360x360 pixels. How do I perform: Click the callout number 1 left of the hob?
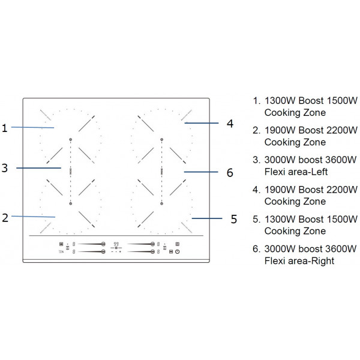pyautogui.click(x=4, y=127)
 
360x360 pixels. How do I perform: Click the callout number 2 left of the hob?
pyautogui.click(x=5, y=218)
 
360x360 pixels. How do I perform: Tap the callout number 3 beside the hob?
pyautogui.click(x=5, y=169)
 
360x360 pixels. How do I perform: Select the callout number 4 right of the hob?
pyautogui.click(x=230, y=124)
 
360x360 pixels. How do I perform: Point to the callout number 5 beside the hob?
pyautogui.click(x=234, y=219)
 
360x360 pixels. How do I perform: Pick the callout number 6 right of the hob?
pyautogui.click(x=229, y=173)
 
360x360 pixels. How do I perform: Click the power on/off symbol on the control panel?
pyautogui.click(x=178, y=251)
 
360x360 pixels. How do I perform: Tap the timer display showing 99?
pyautogui.click(x=116, y=244)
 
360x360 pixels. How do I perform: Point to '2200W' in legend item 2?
pyautogui.click(x=341, y=130)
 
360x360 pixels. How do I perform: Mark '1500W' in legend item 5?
pyautogui.click(x=341, y=219)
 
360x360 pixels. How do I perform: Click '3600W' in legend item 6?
pyautogui.click(x=341, y=249)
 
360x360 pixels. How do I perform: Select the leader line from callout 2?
pyautogui.click(x=33, y=216)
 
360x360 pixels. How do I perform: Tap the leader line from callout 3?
pyautogui.click(x=39, y=168)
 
